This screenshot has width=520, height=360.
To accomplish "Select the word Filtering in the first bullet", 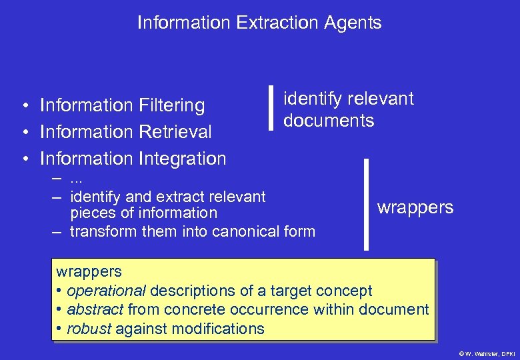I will (172, 105).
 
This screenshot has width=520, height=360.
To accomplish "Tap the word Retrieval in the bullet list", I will (176, 132).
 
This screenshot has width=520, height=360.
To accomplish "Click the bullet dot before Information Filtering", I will (24, 105).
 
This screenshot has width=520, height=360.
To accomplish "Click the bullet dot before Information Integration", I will (24, 159).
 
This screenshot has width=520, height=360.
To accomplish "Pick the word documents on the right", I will (329, 121).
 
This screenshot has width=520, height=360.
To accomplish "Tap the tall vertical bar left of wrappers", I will (365, 203).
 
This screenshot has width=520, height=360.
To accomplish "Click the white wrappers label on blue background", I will (415, 207).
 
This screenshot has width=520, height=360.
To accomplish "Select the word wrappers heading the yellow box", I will (89, 271).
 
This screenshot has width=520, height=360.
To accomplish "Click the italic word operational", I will (106, 291).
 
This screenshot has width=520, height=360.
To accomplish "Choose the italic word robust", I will (89, 329).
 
